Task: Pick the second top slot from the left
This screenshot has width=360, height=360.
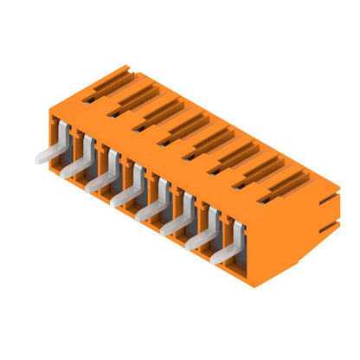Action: [132, 97]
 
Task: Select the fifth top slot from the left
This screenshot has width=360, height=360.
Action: [208, 141]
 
